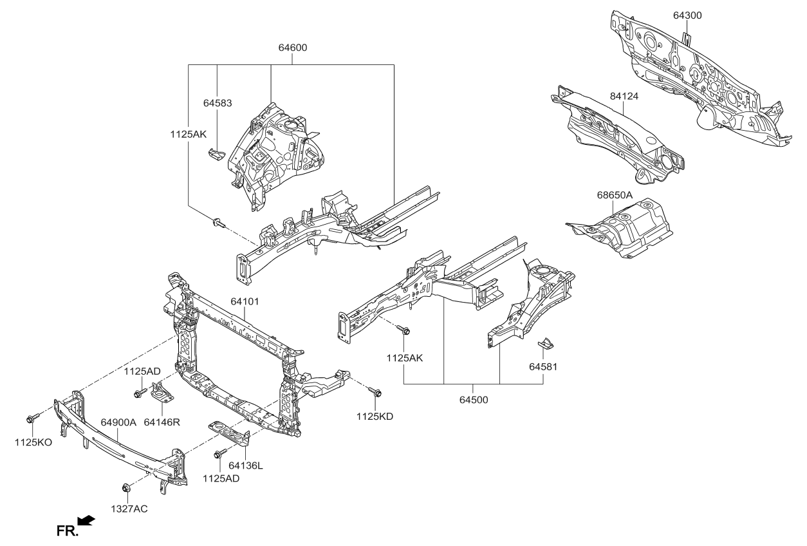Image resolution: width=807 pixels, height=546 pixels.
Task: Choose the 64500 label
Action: click(x=473, y=399)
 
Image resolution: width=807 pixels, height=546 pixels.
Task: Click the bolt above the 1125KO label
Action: click(x=32, y=420)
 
